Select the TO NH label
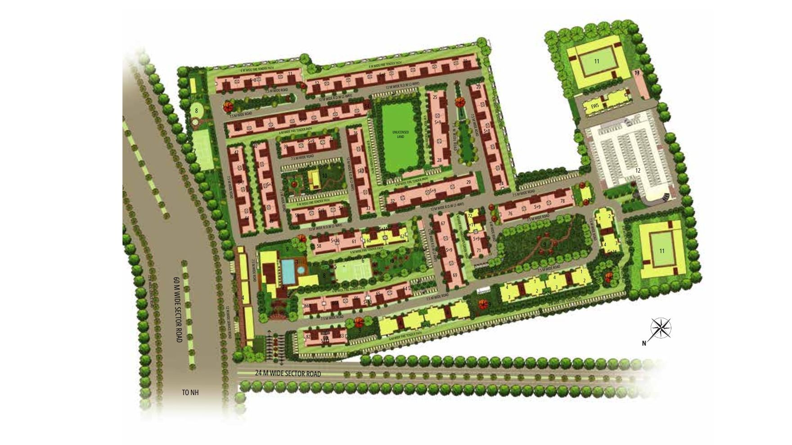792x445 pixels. pos(190,392)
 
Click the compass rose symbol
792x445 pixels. pos(661,328)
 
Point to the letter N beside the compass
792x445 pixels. pos(644,344)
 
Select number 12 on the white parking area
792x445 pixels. pos(638,170)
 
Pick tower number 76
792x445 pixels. pos(510,214)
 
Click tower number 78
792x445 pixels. pos(562,201)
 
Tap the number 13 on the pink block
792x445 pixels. pos(637,73)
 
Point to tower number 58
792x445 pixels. pos(319,246)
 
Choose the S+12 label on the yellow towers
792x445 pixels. pos(426,325)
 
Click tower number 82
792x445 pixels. pos(308,337)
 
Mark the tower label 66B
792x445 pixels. pos(307,306)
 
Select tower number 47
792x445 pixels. pos(236,153)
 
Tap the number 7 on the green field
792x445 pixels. pos(194,151)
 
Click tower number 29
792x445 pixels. pos(468,182)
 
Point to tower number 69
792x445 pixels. pos(454,275)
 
